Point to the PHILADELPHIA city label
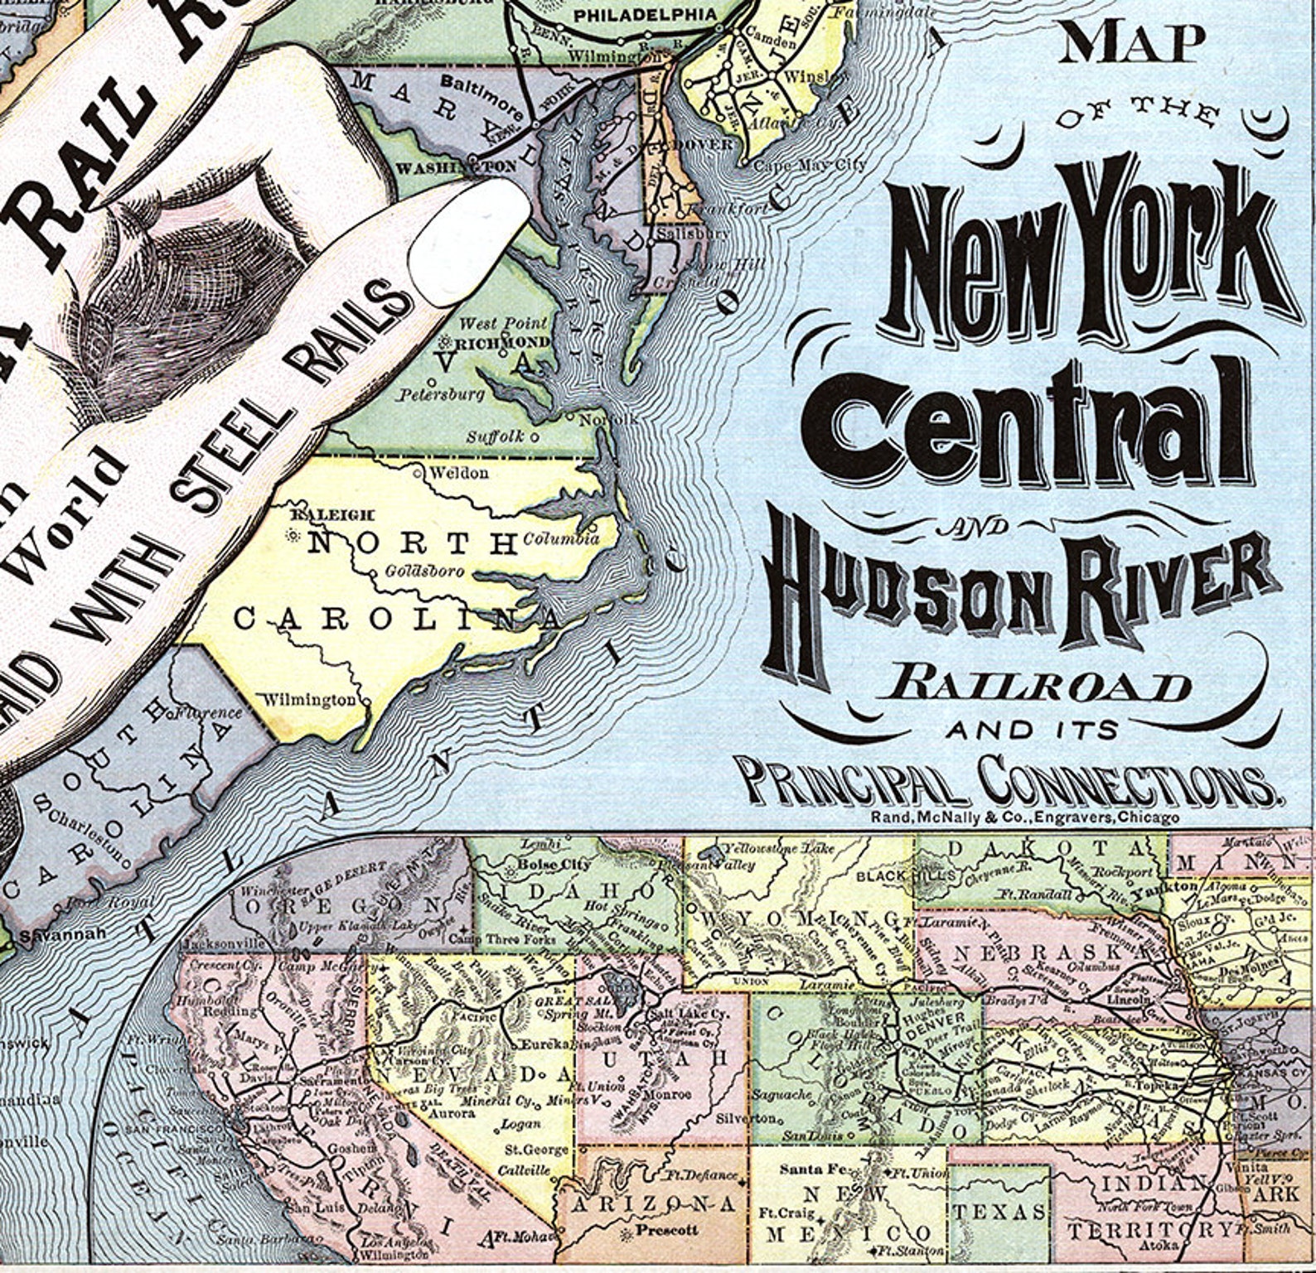coord(657,15)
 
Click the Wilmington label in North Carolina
coord(308,700)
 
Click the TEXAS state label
coord(999,1212)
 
